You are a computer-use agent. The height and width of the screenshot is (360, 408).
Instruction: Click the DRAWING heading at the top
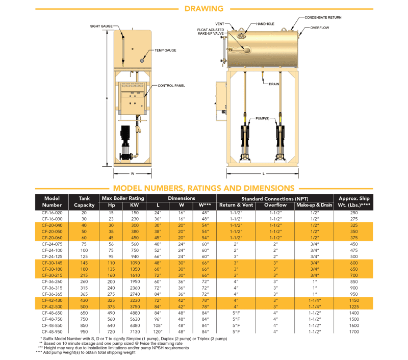click(x=203, y=8)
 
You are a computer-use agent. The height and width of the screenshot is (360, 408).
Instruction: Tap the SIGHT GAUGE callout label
click(x=101, y=25)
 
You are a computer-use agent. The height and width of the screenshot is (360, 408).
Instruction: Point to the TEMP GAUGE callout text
click(x=165, y=51)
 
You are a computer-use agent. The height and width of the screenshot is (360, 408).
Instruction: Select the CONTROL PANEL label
click(x=171, y=86)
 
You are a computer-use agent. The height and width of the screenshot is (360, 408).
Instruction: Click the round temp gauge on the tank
click(x=141, y=60)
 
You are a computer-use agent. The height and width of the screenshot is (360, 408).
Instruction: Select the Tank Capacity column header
click(x=85, y=201)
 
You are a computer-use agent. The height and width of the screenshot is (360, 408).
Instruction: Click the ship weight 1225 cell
click(x=354, y=307)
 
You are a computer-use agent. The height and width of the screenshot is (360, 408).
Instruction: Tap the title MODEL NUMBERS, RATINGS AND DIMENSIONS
click(x=203, y=188)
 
